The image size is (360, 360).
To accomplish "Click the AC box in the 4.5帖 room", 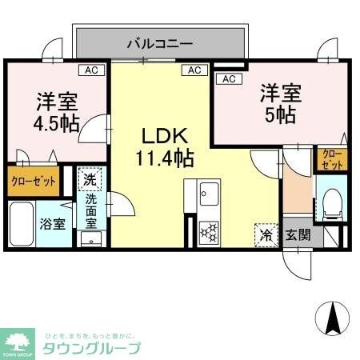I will point(91,70).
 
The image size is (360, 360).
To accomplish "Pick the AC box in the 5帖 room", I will point(227,79).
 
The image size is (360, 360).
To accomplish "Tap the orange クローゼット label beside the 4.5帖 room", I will point(34,182).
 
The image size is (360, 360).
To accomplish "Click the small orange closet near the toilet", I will point(331,158).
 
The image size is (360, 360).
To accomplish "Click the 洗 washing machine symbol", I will point(90,180).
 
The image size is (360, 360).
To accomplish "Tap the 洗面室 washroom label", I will point(91,210).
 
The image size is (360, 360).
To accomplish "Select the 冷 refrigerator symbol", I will point(265,234).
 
